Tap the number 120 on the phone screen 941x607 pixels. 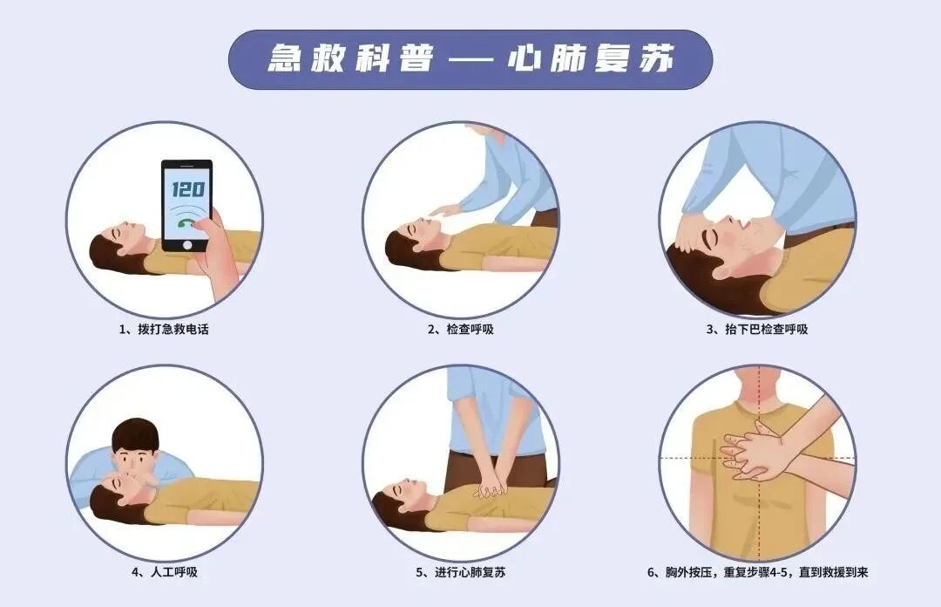[x=186, y=188]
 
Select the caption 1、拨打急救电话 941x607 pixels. [x=165, y=330]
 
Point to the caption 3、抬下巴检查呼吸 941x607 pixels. [x=756, y=330]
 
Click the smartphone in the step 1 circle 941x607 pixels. [x=186, y=206]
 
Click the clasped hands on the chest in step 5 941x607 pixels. [x=490, y=484]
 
